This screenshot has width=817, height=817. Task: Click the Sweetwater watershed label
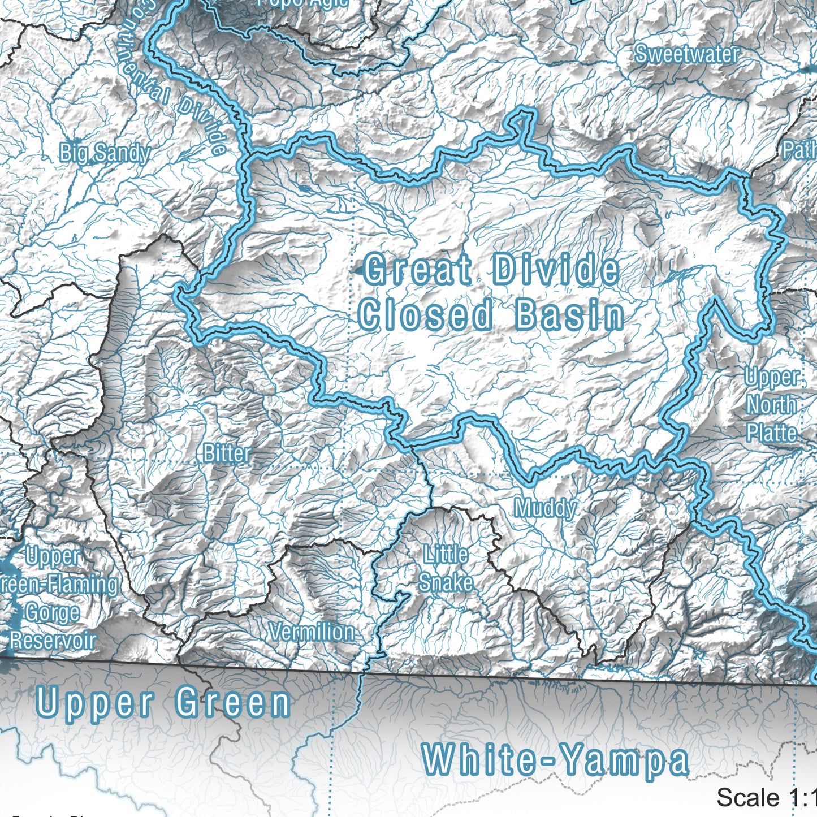click(686, 54)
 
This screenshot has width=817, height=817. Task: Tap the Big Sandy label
click(105, 153)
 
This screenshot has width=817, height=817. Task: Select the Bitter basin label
click(227, 453)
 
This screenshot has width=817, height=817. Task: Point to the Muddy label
click(545, 508)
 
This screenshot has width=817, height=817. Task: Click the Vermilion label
click(312, 632)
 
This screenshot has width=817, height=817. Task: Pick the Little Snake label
click(446, 568)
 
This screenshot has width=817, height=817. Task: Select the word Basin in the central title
click(569, 315)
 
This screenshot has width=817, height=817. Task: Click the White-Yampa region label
click(555, 760)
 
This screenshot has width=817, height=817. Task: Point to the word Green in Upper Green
click(232, 703)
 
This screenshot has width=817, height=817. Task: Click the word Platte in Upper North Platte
click(772, 433)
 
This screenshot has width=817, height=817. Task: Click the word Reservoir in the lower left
click(53, 641)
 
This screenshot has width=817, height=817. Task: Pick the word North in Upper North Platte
click(772, 405)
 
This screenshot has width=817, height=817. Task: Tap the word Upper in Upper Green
click(95, 703)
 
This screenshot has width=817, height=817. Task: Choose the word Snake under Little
click(446, 582)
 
